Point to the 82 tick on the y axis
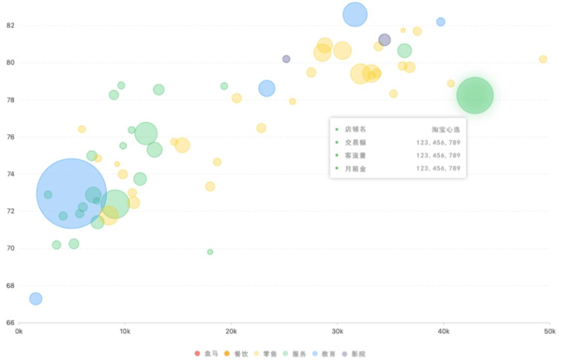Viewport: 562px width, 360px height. coord(10,25)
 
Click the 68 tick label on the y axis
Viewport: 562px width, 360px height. coord(10,286)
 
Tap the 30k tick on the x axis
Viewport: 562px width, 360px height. coord(337,331)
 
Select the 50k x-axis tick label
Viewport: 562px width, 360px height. coord(549,331)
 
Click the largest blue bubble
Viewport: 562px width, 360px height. coord(71,194)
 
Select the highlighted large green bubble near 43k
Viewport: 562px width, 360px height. coord(475,95)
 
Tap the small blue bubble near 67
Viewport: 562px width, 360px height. coord(35,299)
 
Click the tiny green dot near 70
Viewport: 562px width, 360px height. coord(210,252)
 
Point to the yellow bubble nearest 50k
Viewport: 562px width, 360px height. coord(543,59)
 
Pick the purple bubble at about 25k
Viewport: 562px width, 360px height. coord(286,59)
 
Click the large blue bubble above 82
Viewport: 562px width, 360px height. coord(355,15)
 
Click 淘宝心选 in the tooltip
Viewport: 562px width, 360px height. coord(446,129)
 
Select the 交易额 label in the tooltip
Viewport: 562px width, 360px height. coord(355,142)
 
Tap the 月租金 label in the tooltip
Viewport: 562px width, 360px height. coord(355,169)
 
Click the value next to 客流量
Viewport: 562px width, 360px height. coord(438,156)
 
